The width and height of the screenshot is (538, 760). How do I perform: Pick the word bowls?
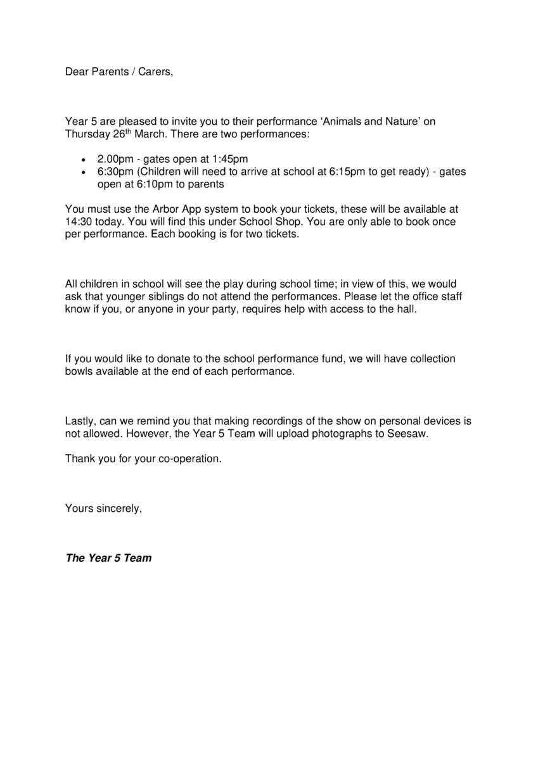79,372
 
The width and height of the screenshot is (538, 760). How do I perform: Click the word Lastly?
80,421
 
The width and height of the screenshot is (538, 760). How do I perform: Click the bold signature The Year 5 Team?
108,558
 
